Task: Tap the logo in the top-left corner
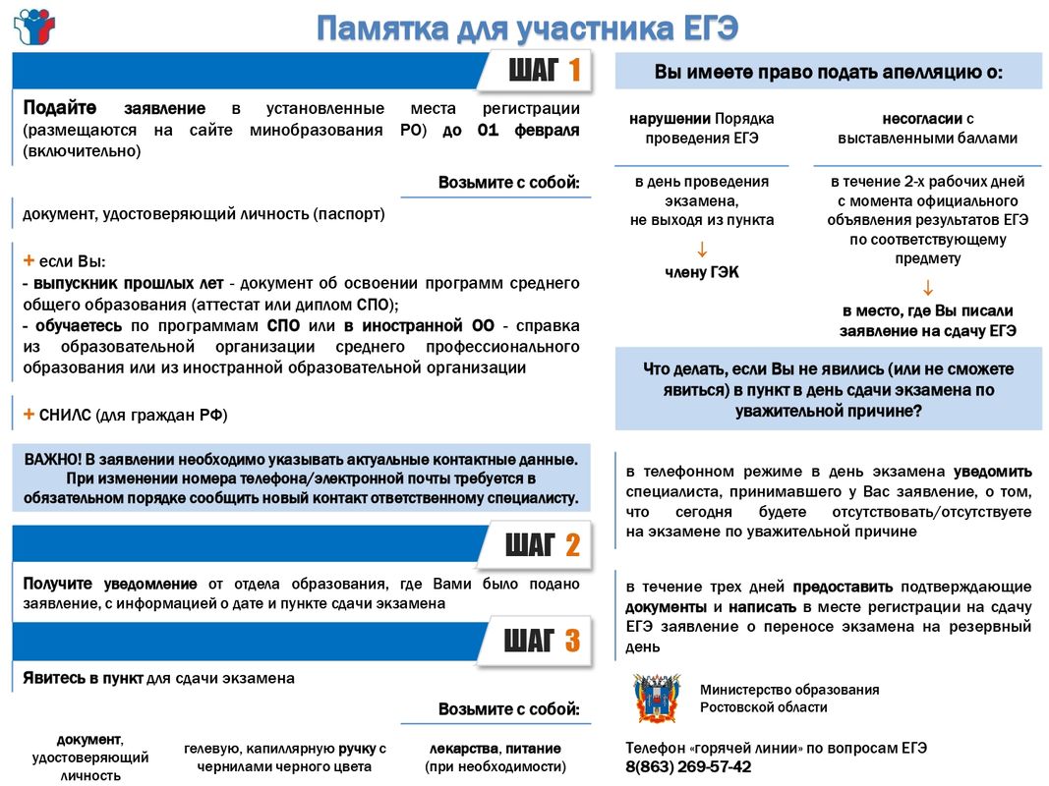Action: pos(34,27)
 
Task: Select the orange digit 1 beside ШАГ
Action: pos(573,71)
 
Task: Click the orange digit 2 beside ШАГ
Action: pos(571,545)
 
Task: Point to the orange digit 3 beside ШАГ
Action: pos(571,642)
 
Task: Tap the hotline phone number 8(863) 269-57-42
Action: pos(688,766)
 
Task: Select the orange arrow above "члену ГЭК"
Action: pos(701,248)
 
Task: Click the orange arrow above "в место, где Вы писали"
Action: pos(927,287)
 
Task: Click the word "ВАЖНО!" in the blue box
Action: pos(52,459)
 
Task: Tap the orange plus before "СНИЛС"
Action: pos(29,414)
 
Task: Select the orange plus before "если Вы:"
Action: pos(29,260)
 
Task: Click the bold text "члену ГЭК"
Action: pos(701,272)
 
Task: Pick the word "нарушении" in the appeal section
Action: pos(670,119)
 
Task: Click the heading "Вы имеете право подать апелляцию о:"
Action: pos(828,72)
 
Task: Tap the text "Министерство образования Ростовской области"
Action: pos(789,699)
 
